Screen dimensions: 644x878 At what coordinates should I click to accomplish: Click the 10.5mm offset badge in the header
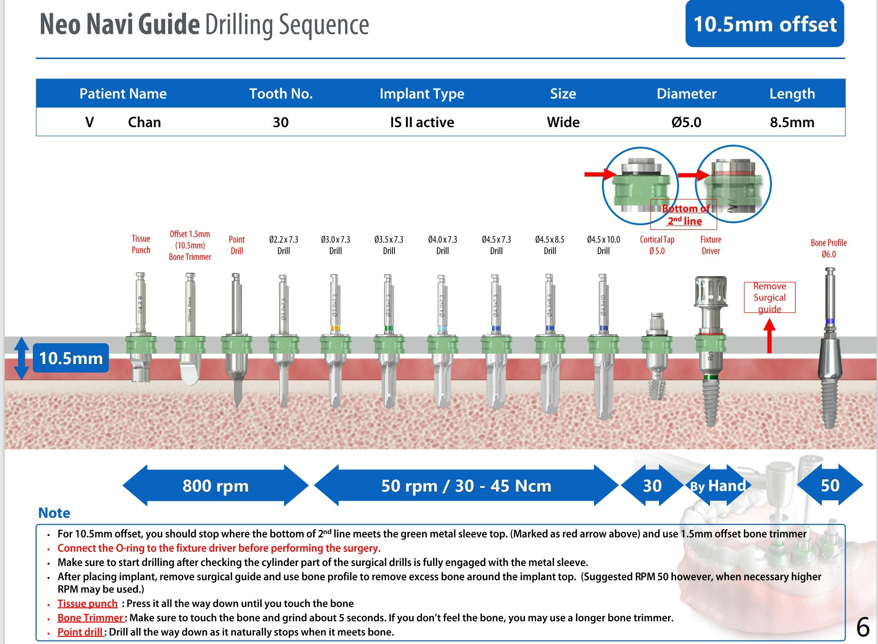[x=764, y=24]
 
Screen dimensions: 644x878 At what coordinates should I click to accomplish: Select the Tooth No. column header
[x=281, y=93]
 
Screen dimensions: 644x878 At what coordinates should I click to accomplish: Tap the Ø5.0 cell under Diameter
[x=686, y=122]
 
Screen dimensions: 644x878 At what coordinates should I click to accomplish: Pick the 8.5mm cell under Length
[x=792, y=122]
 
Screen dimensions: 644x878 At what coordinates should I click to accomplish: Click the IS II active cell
[x=422, y=122]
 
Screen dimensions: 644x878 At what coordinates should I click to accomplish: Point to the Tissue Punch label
[x=141, y=244]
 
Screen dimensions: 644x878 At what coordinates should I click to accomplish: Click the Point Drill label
[x=237, y=245]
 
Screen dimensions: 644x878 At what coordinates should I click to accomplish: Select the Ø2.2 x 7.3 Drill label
[x=284, y=245]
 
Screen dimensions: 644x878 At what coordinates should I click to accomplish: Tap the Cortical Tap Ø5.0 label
[x=657, y=245]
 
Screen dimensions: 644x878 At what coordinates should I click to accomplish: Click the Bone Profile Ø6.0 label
[x=829, y=248]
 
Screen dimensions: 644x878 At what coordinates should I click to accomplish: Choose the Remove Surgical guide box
[x=769, y=297]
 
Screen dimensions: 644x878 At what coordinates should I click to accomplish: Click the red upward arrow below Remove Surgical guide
[x=769, y=336]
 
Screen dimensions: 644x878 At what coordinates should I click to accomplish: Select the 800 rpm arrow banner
[x=216, y=485]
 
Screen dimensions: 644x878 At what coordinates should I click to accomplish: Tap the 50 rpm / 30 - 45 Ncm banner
[x=466, y=485]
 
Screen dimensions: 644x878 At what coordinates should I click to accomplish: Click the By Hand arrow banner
[x=718, y=485]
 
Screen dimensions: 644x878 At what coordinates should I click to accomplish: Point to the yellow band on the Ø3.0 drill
[x=335, y=328]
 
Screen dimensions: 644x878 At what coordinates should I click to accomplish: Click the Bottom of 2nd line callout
[x=684, y=214]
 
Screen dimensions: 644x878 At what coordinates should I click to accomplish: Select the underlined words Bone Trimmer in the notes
[x=90, y=618]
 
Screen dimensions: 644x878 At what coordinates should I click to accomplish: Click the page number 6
[x=862, y=627]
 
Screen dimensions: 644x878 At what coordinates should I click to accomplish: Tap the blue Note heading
[x=54, y=513]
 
